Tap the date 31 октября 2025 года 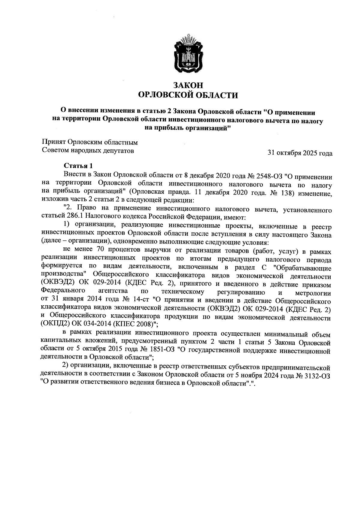click(300, 153)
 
